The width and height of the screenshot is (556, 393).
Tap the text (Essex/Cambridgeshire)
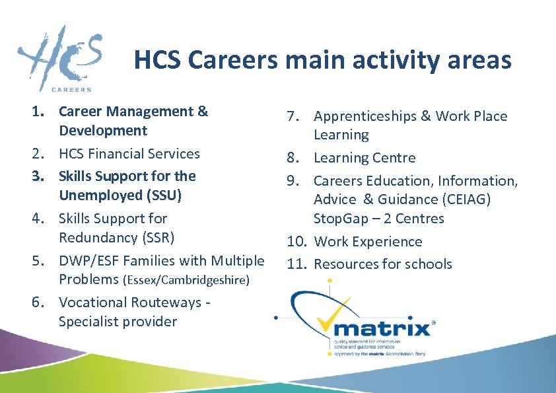186,280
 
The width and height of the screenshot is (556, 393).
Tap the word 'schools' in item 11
429,264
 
